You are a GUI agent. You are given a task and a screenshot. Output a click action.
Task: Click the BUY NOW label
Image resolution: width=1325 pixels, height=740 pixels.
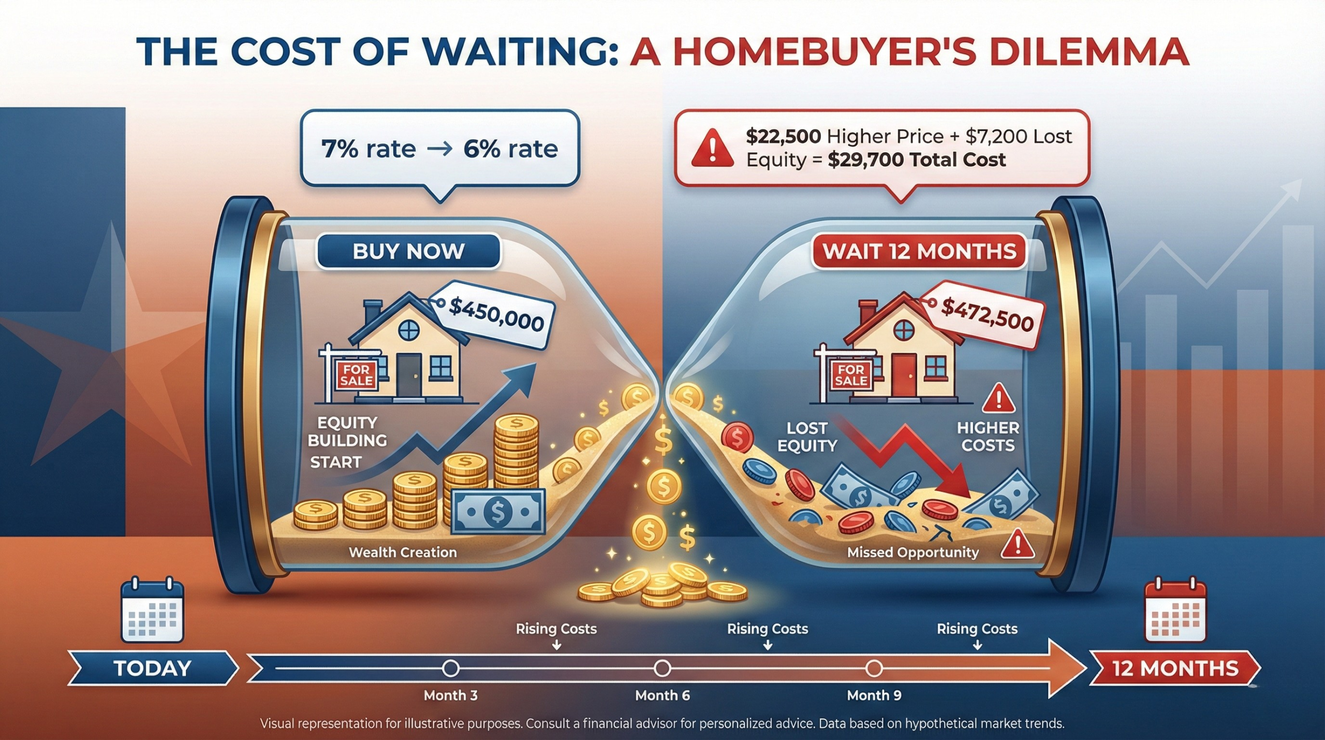tap(408, 252)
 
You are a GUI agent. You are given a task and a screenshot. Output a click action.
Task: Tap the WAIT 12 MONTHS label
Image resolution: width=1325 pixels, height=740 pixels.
tap(919, 252)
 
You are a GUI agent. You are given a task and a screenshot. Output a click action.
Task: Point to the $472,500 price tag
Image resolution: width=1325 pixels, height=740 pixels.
tap(987, 314)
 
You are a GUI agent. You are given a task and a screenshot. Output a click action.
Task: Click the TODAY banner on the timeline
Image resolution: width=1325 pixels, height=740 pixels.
tap(153, 669)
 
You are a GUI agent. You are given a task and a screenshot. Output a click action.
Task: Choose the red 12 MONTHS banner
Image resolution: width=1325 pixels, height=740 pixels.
tap(1175, 669)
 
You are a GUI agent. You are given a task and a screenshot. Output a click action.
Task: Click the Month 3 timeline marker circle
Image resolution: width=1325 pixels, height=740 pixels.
tap(451, 669)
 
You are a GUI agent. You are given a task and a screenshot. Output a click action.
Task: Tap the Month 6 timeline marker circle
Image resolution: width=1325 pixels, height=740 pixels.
tap(662, 669)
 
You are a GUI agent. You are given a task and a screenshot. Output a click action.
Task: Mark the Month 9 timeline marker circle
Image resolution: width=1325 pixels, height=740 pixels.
tap(874, 669)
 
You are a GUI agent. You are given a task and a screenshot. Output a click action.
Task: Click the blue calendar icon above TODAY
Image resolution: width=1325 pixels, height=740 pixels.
tap(152, 612)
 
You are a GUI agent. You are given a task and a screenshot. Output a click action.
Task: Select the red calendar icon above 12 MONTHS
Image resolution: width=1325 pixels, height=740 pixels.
tap(1175, 612)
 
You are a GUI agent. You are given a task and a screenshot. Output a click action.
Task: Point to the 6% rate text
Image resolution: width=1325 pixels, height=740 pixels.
tap(510, 149)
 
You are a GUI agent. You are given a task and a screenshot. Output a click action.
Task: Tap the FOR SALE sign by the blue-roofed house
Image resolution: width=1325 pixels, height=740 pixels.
tap(357, 375)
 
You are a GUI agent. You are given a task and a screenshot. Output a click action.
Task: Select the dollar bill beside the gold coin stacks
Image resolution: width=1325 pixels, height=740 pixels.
tap(498, 511)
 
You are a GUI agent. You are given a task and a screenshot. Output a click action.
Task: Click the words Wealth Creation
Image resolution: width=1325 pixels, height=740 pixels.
tap(403, 553)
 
